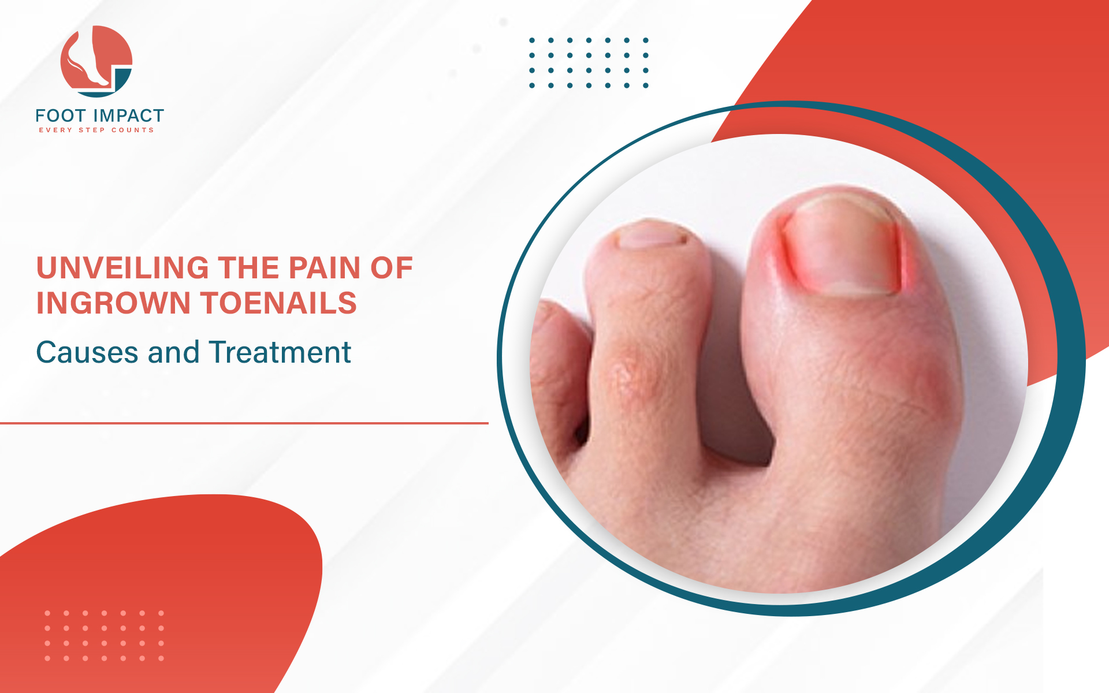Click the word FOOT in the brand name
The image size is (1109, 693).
click(61, 116)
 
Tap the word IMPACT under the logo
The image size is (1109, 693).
click(128, 116)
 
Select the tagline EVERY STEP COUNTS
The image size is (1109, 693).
click(96, 130)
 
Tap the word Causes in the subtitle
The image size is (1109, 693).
click(87, 352)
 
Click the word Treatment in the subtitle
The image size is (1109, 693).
click(280, 352)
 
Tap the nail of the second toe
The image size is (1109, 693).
click(652, 236)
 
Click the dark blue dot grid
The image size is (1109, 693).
click(589, 63)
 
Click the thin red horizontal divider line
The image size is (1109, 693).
click(244, 423)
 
